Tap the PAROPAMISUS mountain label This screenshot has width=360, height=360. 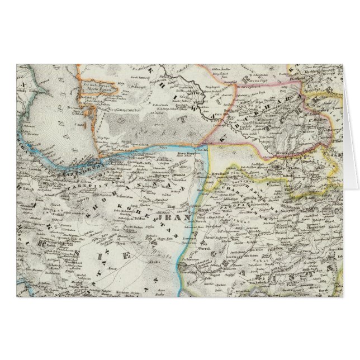pyautogui.click(x=246, y=198)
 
